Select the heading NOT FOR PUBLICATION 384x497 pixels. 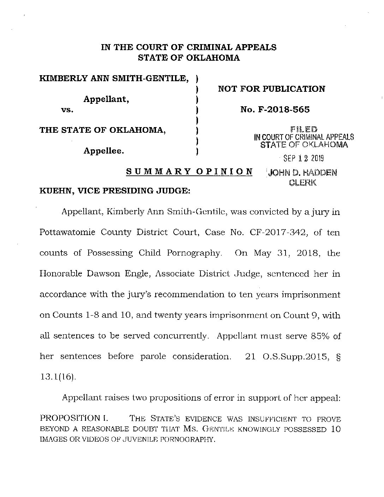tap(271, 89)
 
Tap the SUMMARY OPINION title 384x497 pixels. tap(190, 172)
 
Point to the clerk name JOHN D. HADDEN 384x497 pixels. tap(302, 173)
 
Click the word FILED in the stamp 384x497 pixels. tap(304, 130)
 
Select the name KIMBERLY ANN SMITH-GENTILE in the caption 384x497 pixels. tap(114, 78)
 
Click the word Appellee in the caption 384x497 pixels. tap(103, 151)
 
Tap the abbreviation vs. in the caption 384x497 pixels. tap(67, 110)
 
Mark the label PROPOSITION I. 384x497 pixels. tap(74, 419)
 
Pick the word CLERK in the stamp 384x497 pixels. tap(303, 183)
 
